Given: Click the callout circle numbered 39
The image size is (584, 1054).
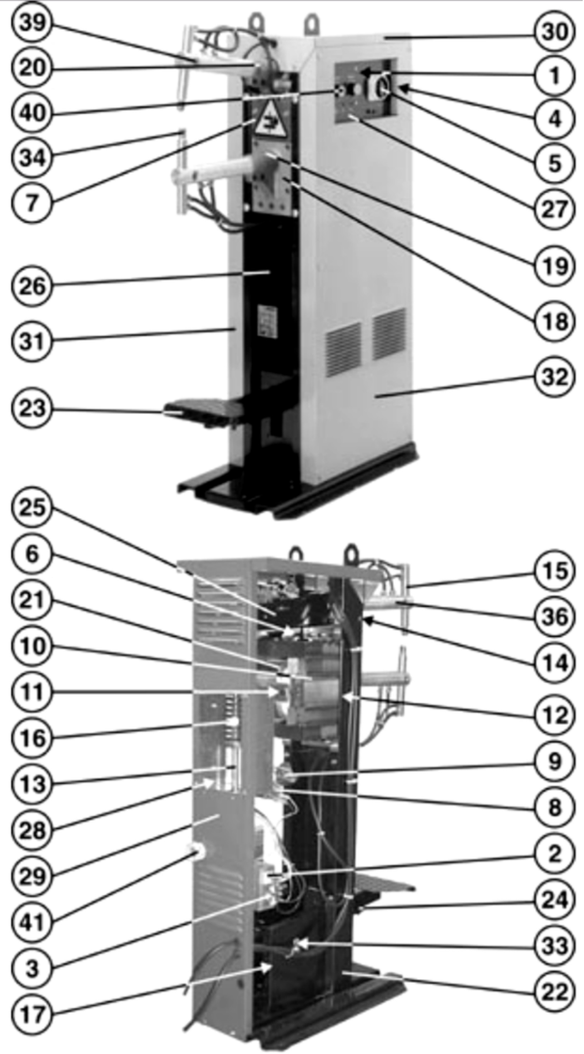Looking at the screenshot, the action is tap(32, 23).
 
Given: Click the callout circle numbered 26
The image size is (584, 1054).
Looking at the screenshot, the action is tap(32, 286).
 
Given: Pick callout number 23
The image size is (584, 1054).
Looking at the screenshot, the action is tap(32, 408).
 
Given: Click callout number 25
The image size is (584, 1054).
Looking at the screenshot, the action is tap(32, 508).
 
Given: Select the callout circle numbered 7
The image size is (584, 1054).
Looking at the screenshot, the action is tap(32, 202).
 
